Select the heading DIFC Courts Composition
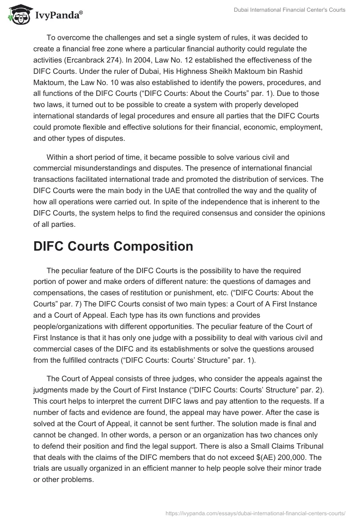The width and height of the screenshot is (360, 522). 113,246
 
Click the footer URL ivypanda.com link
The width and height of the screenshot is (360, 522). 255,512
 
